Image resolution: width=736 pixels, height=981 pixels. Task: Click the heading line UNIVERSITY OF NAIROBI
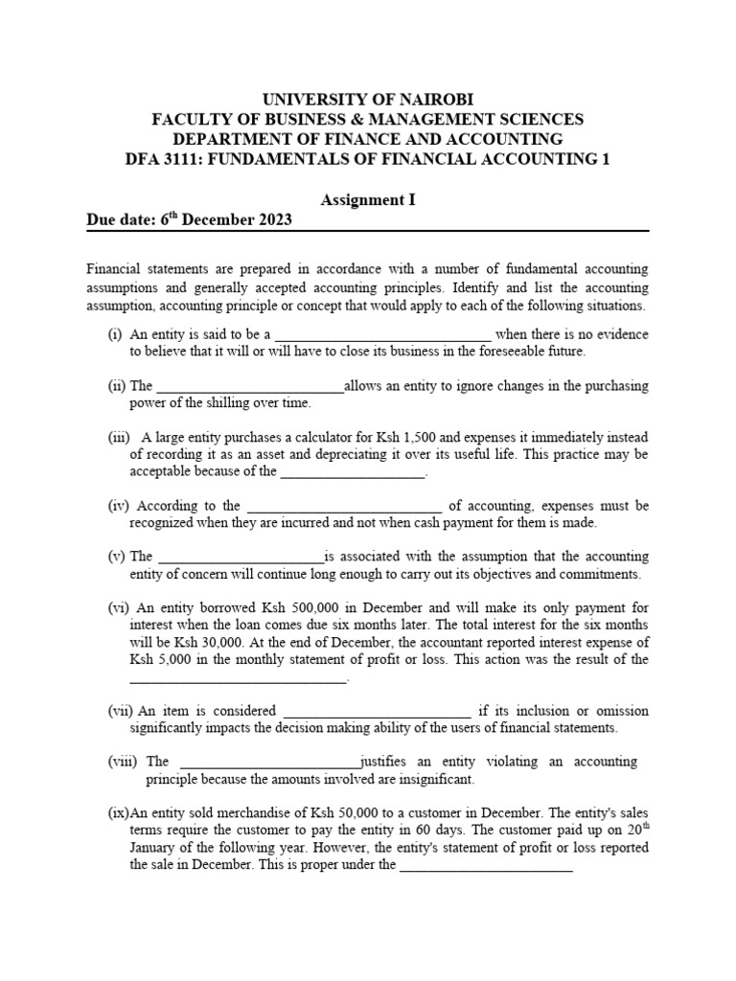click(368, 100)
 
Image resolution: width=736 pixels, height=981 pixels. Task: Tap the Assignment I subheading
click(368, 199)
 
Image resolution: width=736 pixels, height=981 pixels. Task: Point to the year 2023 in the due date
click(272, 219)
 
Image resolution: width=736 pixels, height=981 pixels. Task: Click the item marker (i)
click(115, 334)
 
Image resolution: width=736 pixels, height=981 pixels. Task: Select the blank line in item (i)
click(383, 337)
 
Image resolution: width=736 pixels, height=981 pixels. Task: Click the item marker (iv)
click(119, 505)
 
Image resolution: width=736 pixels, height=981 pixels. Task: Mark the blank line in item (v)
click(241, 559)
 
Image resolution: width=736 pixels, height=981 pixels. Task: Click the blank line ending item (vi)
click(238, 680)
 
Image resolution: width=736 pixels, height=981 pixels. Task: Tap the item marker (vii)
click(121, 711)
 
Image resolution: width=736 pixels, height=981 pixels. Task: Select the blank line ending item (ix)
click(485, 868)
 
